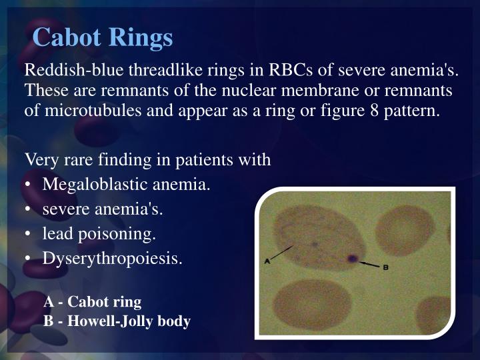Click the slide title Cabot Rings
[x=103, y=37]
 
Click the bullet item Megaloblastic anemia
[x=126, y=184]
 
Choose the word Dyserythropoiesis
[x=112, y=259]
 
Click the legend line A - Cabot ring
[x=93, y=302]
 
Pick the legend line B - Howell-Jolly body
[x=117, y=321]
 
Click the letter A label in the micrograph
[x=267, y=261]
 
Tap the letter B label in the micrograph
[x=385, y=268]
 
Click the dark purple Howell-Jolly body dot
[x=351, y=259]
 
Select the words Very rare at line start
[x=54, y=160]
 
